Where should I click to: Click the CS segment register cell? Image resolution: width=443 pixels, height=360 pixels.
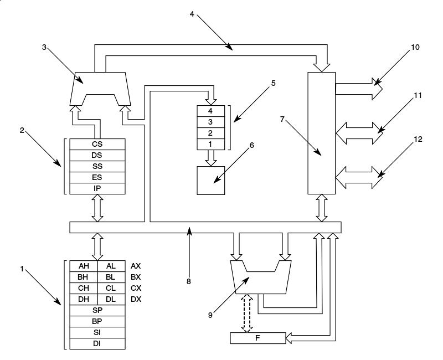tap(97, 144)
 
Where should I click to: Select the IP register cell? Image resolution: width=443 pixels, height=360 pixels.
tap(97, 189)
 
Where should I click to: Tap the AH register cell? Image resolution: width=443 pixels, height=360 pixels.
tap(84, 266)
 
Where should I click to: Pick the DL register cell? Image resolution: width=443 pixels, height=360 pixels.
tap(111, 299)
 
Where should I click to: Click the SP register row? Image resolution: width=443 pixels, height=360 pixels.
tap(97, 310)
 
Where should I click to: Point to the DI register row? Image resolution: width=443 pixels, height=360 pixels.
tap(97, 343)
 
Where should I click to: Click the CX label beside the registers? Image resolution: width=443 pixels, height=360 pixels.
tap(136, 288)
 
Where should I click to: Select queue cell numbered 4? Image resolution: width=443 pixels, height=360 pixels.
tap(211, 111)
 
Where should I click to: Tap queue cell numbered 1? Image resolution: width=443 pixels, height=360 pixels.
tap(211, 144)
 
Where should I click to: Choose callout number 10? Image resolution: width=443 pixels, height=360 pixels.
tap(415, 48)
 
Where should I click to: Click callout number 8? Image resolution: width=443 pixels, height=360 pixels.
tap(188, 281)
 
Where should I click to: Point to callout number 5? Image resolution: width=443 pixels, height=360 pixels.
tap(273, 84)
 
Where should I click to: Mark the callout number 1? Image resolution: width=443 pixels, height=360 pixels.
tap(22, 269)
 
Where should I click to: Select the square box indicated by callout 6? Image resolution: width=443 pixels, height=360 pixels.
tap(211, 180)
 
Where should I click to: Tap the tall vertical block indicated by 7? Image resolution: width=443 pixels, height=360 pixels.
tap(322, 133)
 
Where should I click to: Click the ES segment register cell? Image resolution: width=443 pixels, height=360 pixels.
tap(97, 177)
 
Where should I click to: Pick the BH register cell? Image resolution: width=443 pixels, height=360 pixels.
tap(84, 277)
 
